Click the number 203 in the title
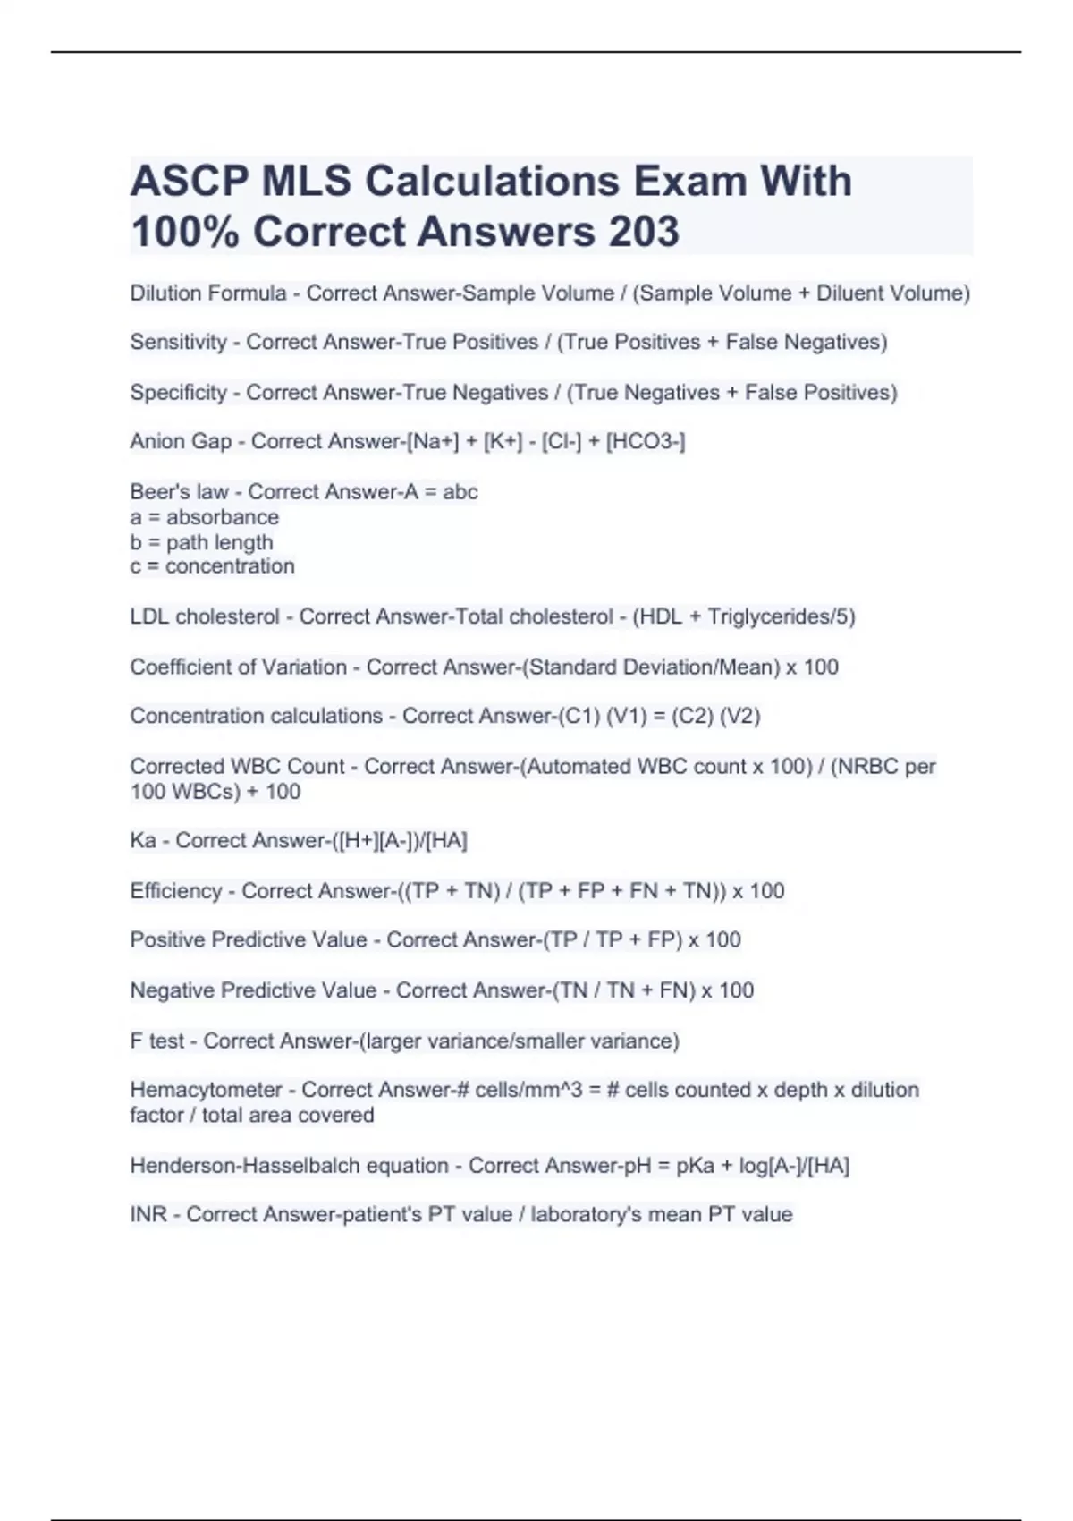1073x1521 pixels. coord(644,231)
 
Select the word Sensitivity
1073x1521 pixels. coord(178,342)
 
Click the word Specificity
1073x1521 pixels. coord(178,392)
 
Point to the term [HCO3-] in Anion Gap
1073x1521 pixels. coord(646,441)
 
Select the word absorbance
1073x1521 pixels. coord(222,517)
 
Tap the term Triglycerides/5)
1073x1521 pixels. coord(781,616)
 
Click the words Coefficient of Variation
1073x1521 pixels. coord(238,667)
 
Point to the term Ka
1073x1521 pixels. coord(142,840)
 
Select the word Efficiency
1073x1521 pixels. coord(175,890)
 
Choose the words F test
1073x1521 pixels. coord(156,1041)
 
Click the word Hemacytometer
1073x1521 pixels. coord(206,1090)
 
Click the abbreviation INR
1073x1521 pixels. coord(148,1214)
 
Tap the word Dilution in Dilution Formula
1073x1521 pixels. coord(165,293)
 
